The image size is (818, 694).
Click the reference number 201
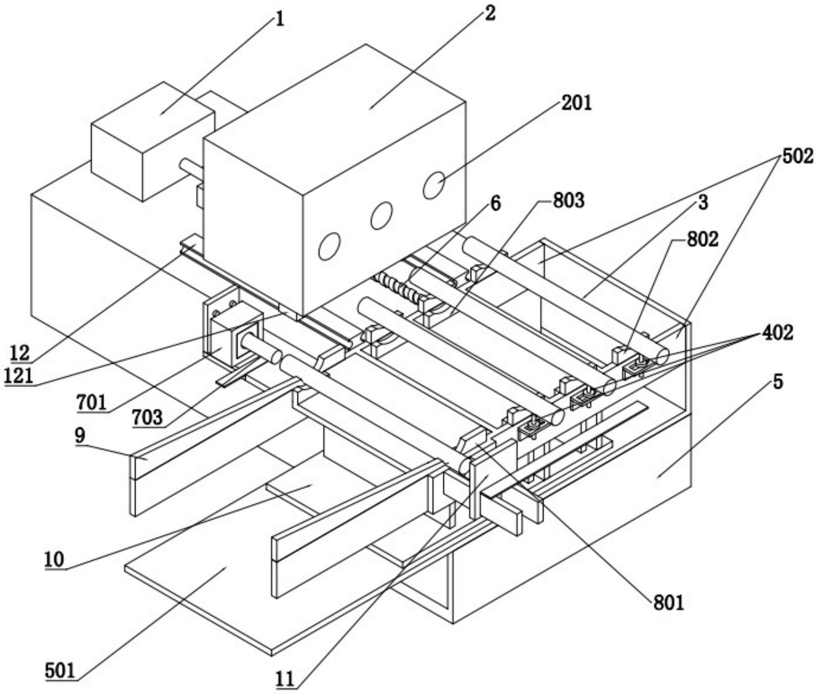[x=576, y=103]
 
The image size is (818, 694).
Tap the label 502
[x=798, y=156]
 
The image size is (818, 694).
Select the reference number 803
[x=569, y=201]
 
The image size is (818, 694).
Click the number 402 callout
[x=777, y=333]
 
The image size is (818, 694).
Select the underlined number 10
[x=54, y=559]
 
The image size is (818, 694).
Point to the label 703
[x=147, y=417]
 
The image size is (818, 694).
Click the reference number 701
[x=92, y=403]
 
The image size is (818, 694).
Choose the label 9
[x=80, y=435]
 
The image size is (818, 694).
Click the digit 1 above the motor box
[x=280, y=19]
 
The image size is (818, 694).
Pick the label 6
[x=495, y=204]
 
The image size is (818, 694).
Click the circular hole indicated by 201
[x=433, y=185]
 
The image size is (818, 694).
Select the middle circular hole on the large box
[x=381, y=215]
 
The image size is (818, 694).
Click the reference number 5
[x=778, y=382]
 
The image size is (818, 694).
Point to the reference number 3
[x=703, y=202]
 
